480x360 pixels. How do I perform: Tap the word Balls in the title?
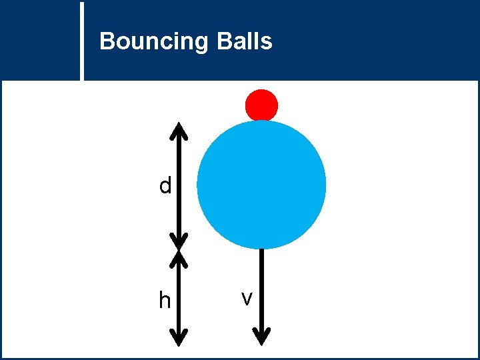coord(244,41)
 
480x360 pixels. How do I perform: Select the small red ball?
coord(261,105)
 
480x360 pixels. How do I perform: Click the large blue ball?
coord(261,185)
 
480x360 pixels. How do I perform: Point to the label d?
coord(165,185)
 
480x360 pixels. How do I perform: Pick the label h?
coord(165,301)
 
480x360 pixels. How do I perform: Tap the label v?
coord(247,299)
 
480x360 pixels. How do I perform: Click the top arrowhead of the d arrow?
coord(179,129)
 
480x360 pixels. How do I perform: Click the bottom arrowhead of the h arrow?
coord(179,337)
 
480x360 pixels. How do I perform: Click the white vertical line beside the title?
coord(83,40)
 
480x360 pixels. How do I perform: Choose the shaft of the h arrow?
coord(179,297)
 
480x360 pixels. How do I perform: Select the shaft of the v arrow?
coord(262,287)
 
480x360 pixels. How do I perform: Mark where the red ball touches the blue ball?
coord(261,121)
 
